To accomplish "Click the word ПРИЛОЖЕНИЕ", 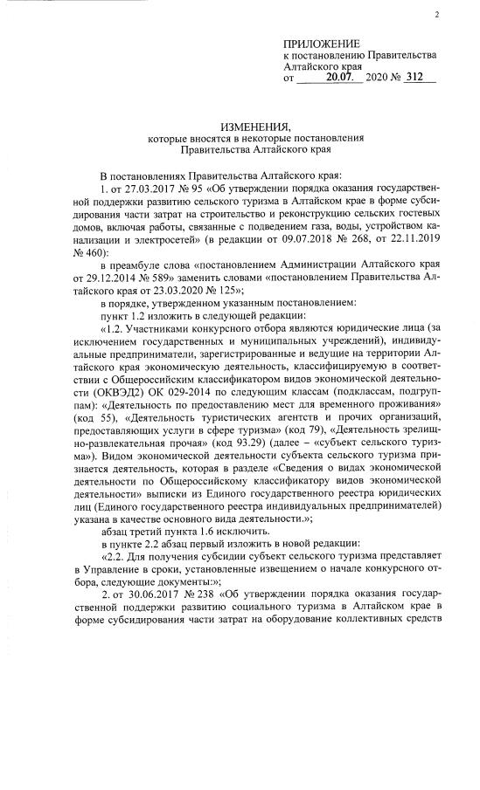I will tap(322, 45).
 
